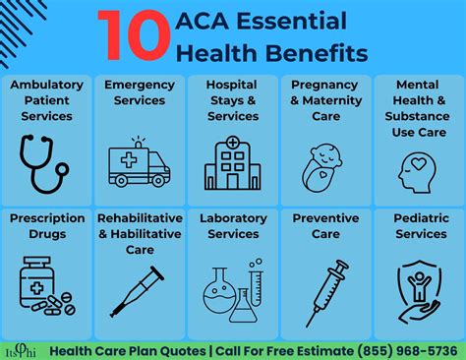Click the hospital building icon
[231, 161]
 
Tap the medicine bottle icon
[43, 285]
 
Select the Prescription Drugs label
[46, 226]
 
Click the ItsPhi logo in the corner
[21, 346]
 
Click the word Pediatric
[420, 218]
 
